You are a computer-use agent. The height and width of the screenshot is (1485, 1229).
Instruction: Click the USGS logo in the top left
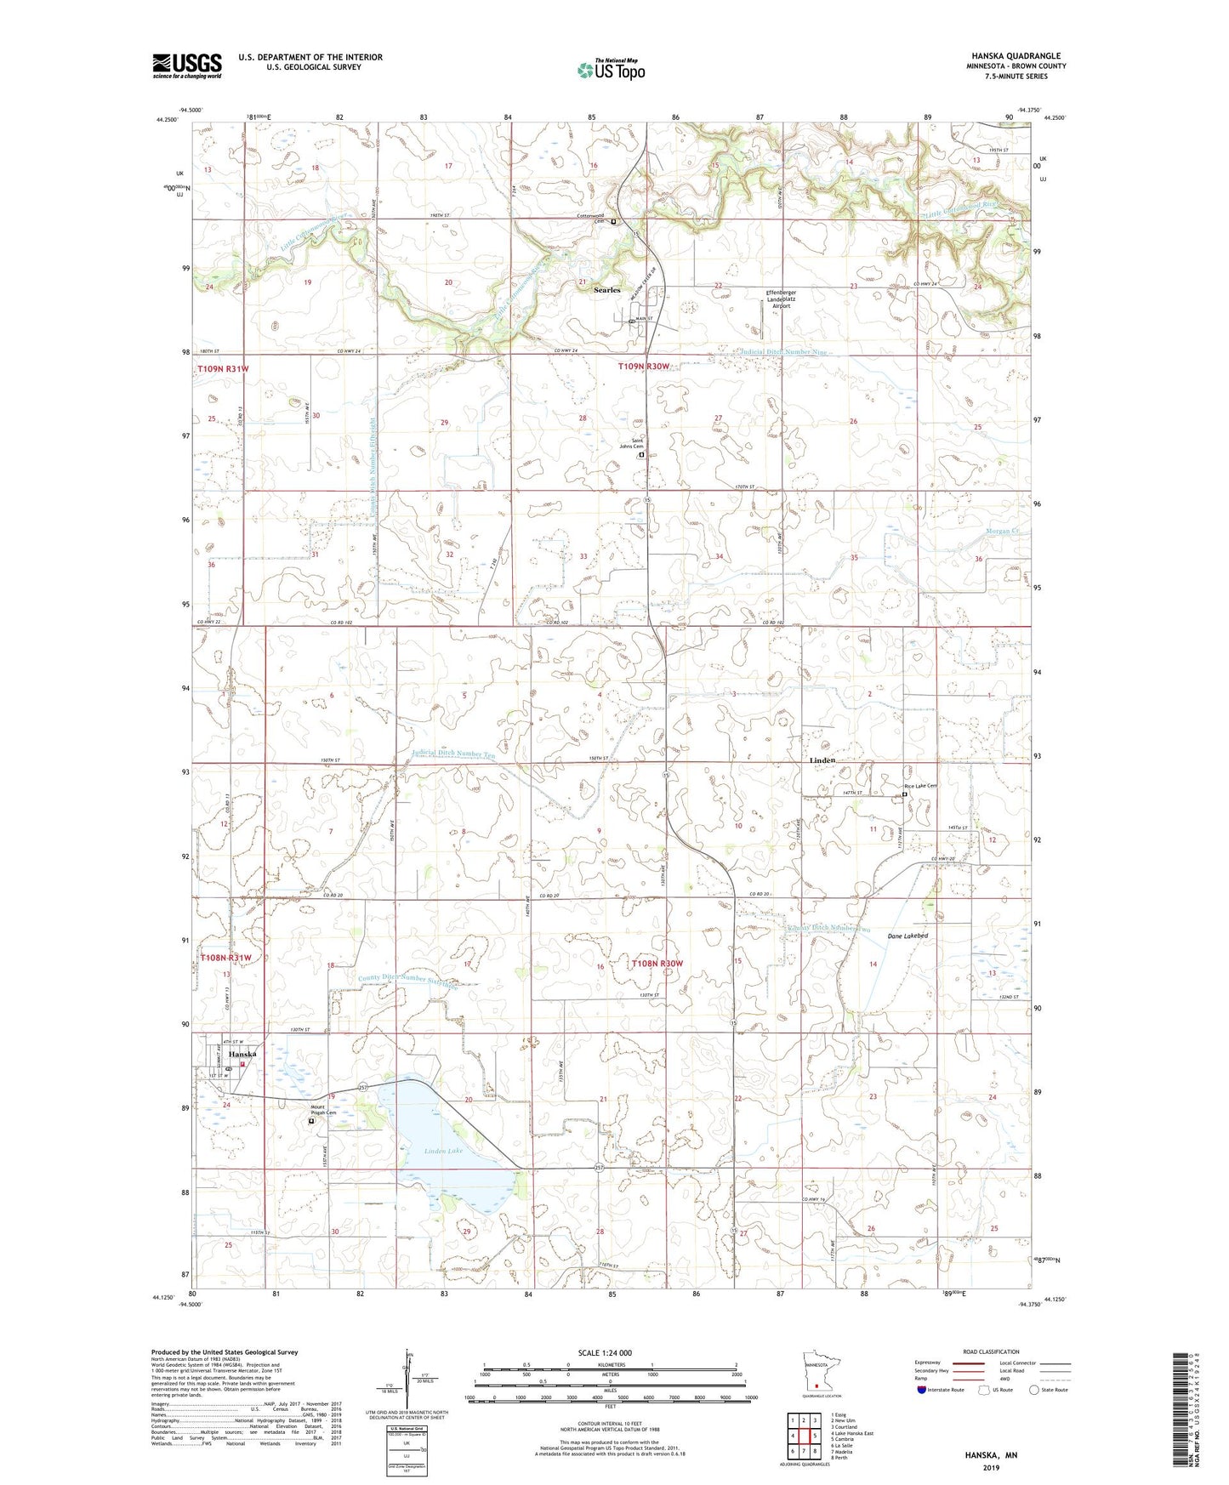pos(187,65)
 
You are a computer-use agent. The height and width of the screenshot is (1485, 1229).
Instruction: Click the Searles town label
pos(606,290)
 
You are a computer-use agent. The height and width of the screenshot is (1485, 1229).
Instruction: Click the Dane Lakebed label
pos(908,936)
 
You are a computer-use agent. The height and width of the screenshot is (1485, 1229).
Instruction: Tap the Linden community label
pos(822,760)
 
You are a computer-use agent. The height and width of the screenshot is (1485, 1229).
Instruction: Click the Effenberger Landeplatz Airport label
pos(782,299)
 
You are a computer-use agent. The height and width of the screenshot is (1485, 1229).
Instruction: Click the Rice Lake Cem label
pos(919,786)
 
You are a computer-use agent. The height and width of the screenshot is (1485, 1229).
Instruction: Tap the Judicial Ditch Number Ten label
pos(452,754)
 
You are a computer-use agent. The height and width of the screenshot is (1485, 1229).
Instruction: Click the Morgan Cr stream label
pos(1002,531)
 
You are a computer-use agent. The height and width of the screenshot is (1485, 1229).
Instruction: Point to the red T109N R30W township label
pos(644,367)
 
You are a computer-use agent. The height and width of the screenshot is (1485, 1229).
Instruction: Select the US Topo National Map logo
pos(611,69)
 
